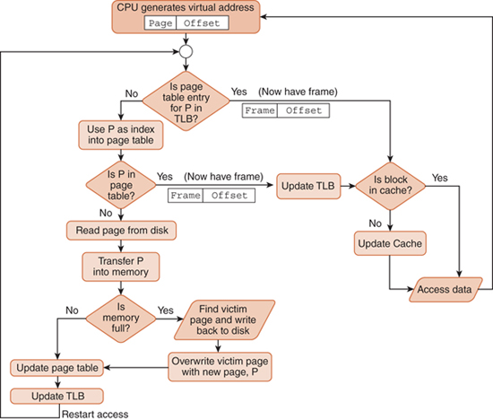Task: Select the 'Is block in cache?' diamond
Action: click(390, 186)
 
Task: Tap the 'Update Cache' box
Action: click(390, 243)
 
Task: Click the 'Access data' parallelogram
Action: click(445, 289)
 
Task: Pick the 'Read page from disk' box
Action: click(121, 231)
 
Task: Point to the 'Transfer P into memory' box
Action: click(121, 267)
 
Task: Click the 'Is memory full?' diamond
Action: click(121, 319)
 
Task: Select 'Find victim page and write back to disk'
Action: click(224, 319)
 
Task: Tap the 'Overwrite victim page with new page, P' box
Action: click(220, 367)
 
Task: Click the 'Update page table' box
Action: click(56, 368)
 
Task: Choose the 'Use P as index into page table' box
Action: click(121, 135)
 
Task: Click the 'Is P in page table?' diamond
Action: click(121, 185)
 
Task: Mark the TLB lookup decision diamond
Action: click(186, 101)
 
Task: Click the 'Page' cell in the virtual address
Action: click(160, 23)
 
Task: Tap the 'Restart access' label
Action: click(95, 415)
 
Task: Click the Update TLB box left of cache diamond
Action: click(308, 186)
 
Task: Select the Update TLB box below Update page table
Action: click(56, 396)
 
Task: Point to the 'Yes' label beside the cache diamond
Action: click(439, 178)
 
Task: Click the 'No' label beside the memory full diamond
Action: click(72, 311)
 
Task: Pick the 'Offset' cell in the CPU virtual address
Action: click(203, 23)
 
